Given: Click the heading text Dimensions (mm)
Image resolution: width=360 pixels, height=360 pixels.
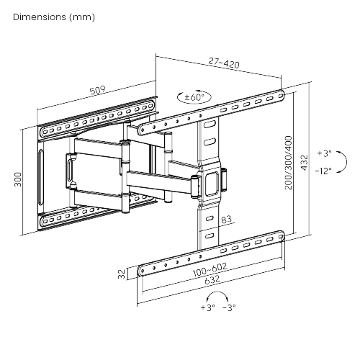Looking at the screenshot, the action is (54, 17).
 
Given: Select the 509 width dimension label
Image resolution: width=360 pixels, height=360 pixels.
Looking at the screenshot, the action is (97, 90).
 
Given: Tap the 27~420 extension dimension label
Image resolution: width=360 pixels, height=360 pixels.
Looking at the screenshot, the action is (224, 63).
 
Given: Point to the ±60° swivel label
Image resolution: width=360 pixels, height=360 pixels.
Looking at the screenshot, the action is (194, 97).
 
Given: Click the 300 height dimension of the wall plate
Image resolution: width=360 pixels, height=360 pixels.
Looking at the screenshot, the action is (18, 179).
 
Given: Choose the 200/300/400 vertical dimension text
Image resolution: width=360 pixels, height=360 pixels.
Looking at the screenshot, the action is (289, 163).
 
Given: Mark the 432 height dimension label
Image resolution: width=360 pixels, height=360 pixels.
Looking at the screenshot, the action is (305, 163).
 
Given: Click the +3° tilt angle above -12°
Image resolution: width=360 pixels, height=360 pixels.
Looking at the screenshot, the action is (324, 153).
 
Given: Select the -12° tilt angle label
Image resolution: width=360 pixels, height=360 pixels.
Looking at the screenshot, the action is (323, 171).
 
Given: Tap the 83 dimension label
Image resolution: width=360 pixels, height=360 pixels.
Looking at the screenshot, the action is (226, 219).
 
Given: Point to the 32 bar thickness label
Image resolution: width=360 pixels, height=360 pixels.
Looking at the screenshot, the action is (122, 274).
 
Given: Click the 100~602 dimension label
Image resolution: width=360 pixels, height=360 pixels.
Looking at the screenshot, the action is (210, 270).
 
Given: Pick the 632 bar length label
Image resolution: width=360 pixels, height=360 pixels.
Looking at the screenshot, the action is (212, 279).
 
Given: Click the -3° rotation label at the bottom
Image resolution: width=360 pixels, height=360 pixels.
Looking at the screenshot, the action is (229, 307).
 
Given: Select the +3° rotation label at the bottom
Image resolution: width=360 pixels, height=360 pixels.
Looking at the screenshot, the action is (208, 307).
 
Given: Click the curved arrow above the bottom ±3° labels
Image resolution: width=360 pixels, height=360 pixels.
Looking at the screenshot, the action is (217, 292).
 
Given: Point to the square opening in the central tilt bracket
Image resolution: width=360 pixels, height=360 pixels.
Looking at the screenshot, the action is (211, 184).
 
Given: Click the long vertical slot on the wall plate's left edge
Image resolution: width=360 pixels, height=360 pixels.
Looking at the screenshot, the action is (41, 177).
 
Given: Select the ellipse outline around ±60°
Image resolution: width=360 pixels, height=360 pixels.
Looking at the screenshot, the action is (194, 91).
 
